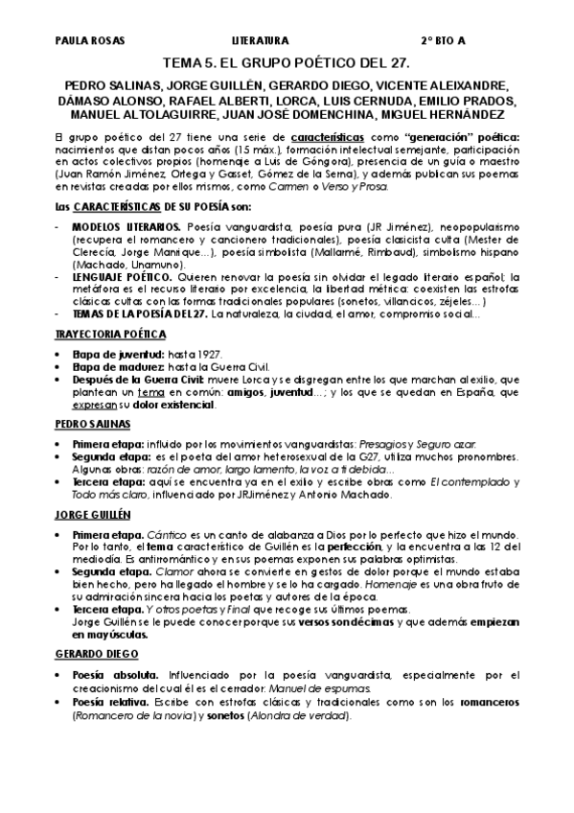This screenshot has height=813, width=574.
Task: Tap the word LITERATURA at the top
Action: click(260, 42)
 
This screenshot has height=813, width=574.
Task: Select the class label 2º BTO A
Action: click(444, 42)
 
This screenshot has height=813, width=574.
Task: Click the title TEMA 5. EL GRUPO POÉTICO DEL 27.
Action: click(287, 63)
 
